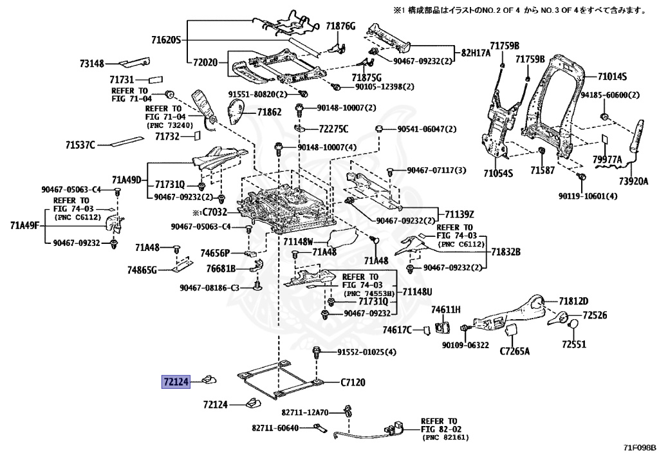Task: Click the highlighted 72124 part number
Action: point(175,382)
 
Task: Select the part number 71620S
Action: point(165,41)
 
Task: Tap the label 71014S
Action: point(611,77)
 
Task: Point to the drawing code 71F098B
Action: point(639,448)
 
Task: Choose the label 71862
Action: point(269,112)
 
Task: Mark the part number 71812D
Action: point(573,301)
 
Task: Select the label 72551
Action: point(573,344)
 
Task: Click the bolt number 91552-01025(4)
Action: point(367,352)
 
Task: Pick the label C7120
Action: point(353,382)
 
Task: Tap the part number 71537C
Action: point(81,145)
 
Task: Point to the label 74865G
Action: point(142,270)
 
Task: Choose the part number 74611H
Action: point(446,310)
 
